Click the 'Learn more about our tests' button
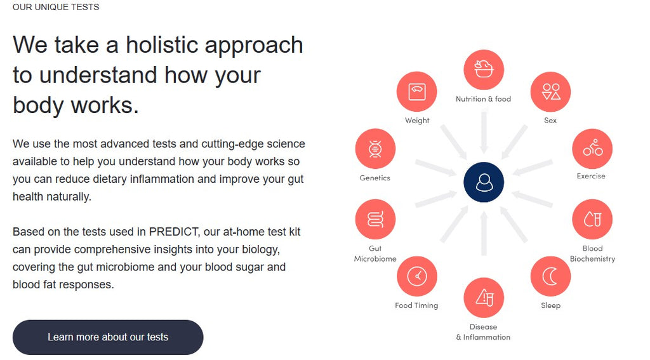click(x=108, y=337)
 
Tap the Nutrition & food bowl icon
click(x=484, y=70)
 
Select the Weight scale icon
click(x=416, y=91)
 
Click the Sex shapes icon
click(x=550, y=91)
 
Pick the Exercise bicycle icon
click(x=592, y=149)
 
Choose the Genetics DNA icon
click(x=375, y=149)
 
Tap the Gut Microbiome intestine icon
click(x=375, y=219)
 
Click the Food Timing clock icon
click(x=416, y=276)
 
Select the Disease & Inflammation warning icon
click(x=484, y=298)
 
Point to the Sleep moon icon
click(x=550, y=276)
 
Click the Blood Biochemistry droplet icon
click(x=592, y=219)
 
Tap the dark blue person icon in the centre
click(x=484, y=182)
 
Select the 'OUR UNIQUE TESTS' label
click(x=56, y=7)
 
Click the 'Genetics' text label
click(x=375, y=178)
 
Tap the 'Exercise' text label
click(x=591, y=176)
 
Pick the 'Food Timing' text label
click(x=416, y=305)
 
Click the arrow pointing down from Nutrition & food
click(x=484, y=133)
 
